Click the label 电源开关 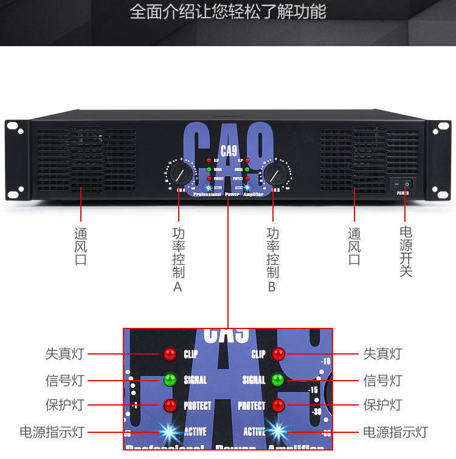pyautogui.click(x=406, y=251)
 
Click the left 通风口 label pyautogui.click(x=80, y=246)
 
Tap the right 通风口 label pyautogui.click(x=354, y=246)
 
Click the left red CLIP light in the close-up pyautogui.click(x=170, y=354)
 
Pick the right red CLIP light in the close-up pyautogui.click(x=278, y=354)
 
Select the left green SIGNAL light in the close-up pyautogui.click(x=170, y=380)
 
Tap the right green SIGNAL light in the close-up pyautogui.click(x=278, y=380)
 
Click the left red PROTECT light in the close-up pyautogui.click(x=170, y=406)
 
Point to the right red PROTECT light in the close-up pyautogui.click(x=278, y=406)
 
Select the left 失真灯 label pyautogui.click(x=64, y=354)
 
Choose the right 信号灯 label pyautogui.click(x=382, y=381)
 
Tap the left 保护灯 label pyautogui.click(x=64, y=406)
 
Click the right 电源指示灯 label pyautogui.click(x=395, y=432)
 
